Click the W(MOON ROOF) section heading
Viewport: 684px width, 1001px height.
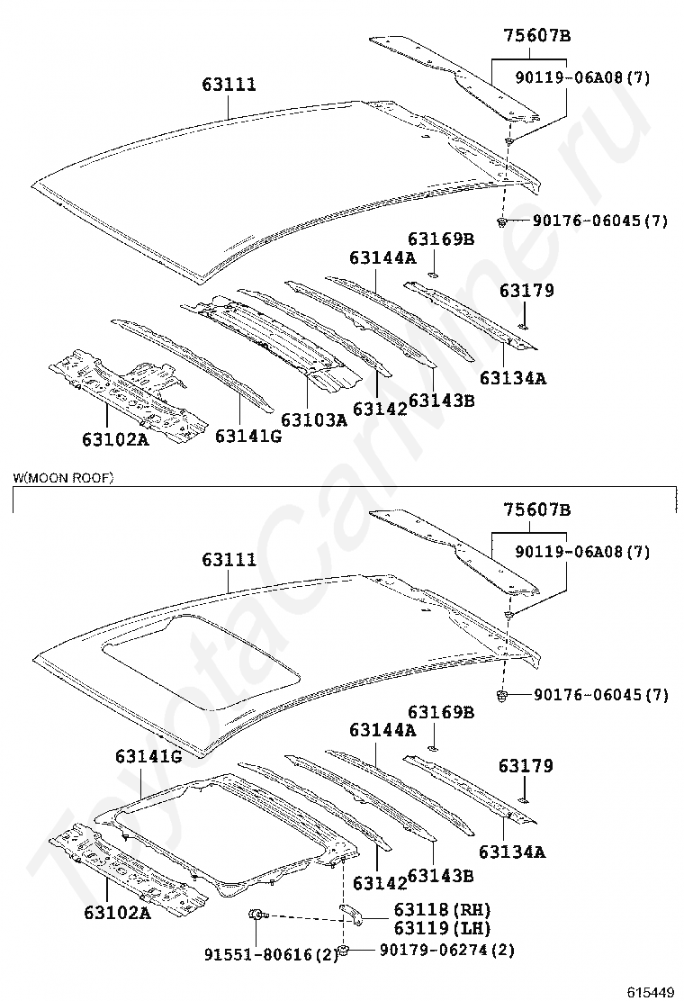[63, 477]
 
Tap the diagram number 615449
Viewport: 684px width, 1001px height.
[650, 991]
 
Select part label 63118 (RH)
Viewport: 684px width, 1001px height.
[442, 909]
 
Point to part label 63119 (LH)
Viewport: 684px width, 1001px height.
[442, 927]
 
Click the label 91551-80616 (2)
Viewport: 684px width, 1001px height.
[271, 954]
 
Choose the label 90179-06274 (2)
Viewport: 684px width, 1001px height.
[446, 950]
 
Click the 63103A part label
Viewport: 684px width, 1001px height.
[314, 419]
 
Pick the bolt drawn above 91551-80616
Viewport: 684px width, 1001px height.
[256, 915]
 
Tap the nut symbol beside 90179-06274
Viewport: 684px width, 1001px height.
[343, 951]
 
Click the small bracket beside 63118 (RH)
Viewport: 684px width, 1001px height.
[350, 915]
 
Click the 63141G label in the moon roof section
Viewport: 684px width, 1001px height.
[148, 756]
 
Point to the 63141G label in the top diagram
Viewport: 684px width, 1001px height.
[248, 436]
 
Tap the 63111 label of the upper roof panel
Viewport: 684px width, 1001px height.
[229, 85]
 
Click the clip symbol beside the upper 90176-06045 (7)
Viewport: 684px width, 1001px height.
[501, 221]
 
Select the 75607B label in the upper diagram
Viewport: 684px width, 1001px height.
[536, 36]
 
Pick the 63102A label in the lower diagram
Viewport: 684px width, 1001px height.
[117, 913]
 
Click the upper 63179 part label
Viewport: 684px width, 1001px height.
[526, 291]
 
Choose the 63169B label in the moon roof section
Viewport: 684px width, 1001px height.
[441, 712]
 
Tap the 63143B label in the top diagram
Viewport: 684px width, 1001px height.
[442, 401]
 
